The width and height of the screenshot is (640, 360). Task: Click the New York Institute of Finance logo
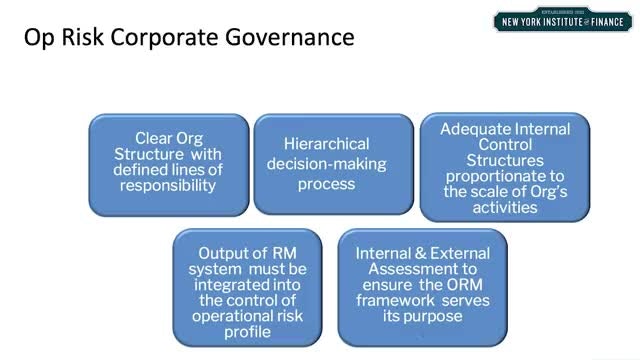click(x=562, y=20)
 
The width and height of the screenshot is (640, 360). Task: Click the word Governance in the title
click(x=289, y=37)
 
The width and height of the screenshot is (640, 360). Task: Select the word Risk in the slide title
click(x=83, y=37)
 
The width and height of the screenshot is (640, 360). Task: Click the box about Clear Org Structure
click(x=169, y=165)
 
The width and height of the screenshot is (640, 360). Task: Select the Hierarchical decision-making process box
click(x=333, y=164)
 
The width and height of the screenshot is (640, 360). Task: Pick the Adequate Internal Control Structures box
click(x=505, y=167)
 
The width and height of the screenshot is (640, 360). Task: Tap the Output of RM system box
click(x=247, y=288)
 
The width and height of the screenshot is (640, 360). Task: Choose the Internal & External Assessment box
click(x=422, y=288)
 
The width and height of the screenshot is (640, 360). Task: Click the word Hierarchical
click(x=327, y=144)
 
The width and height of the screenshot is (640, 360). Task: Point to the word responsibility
click(x=168, y=186)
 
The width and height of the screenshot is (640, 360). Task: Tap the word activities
click(x=505, y=207)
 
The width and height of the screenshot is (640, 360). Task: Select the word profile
click(x=247, y=332)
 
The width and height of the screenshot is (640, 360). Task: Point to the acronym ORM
click(x=464, y=284)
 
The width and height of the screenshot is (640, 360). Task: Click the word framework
click(x=395, y=300)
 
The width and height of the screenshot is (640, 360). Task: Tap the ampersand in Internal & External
click(x=420, y=253)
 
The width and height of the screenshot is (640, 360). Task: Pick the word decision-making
click(x=327, y=164)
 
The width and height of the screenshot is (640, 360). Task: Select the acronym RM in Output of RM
click(x=284, y=253)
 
